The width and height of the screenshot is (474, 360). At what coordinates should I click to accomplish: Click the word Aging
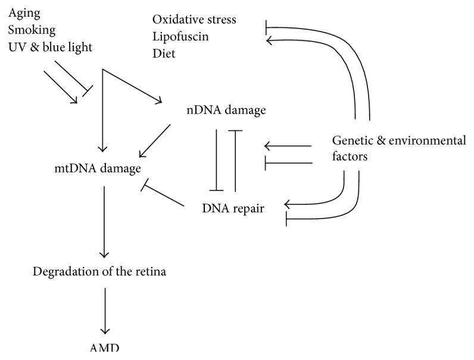point(21,12)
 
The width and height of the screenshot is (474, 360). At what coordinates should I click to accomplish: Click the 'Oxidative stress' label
point(194,20)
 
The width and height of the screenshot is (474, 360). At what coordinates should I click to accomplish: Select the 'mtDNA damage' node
point(97,168)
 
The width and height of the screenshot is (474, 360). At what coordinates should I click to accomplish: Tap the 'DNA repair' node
point(233,209)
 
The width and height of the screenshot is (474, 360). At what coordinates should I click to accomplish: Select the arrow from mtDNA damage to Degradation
point(105,220)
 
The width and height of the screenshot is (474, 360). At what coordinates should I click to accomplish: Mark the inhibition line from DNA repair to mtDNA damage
point(161,195)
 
